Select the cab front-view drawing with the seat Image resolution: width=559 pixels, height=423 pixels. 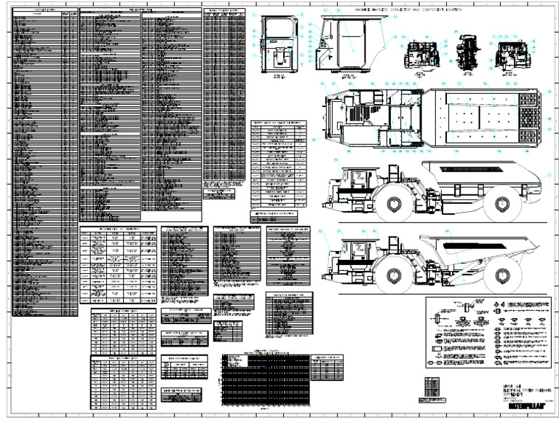(x=277, y=44)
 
